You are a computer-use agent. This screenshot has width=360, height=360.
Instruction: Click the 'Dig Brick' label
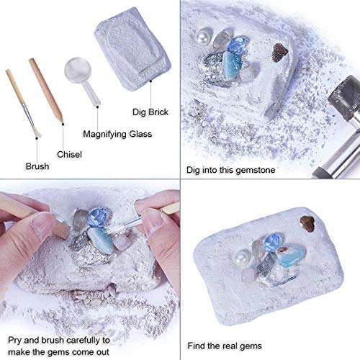click(x=151, y=112)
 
